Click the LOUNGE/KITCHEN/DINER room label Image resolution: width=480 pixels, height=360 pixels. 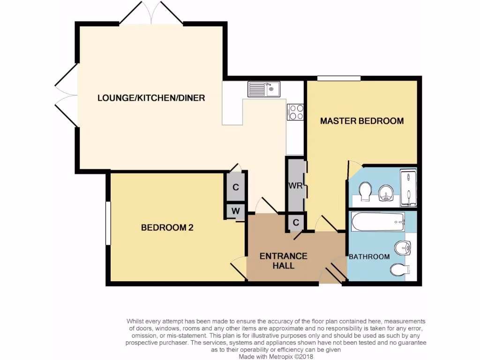[x=151, y=98]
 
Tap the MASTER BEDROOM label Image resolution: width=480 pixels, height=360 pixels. [x=361, y=121]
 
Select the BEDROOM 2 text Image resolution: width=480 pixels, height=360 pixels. [x=167, y=228]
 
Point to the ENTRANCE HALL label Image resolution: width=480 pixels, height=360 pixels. [x=284, y=261]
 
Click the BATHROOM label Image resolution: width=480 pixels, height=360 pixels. [x=369, y=257]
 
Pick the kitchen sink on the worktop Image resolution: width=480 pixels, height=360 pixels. [x=263, y=89]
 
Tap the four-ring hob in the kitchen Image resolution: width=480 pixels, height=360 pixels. [x=295, y=112]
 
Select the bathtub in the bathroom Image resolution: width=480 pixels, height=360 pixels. [x=377, y=221]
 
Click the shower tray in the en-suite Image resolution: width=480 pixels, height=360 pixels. [x=408, y=187]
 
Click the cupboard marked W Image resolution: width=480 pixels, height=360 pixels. [x=236, y=211]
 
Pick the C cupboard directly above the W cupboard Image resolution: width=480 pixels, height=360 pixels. [x=236, y=187]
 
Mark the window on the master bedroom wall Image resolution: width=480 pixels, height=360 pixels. [x=338, y=78]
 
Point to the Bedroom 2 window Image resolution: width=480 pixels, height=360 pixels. [x=108, y=223]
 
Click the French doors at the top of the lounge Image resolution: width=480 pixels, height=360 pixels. [x=151, y=13]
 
